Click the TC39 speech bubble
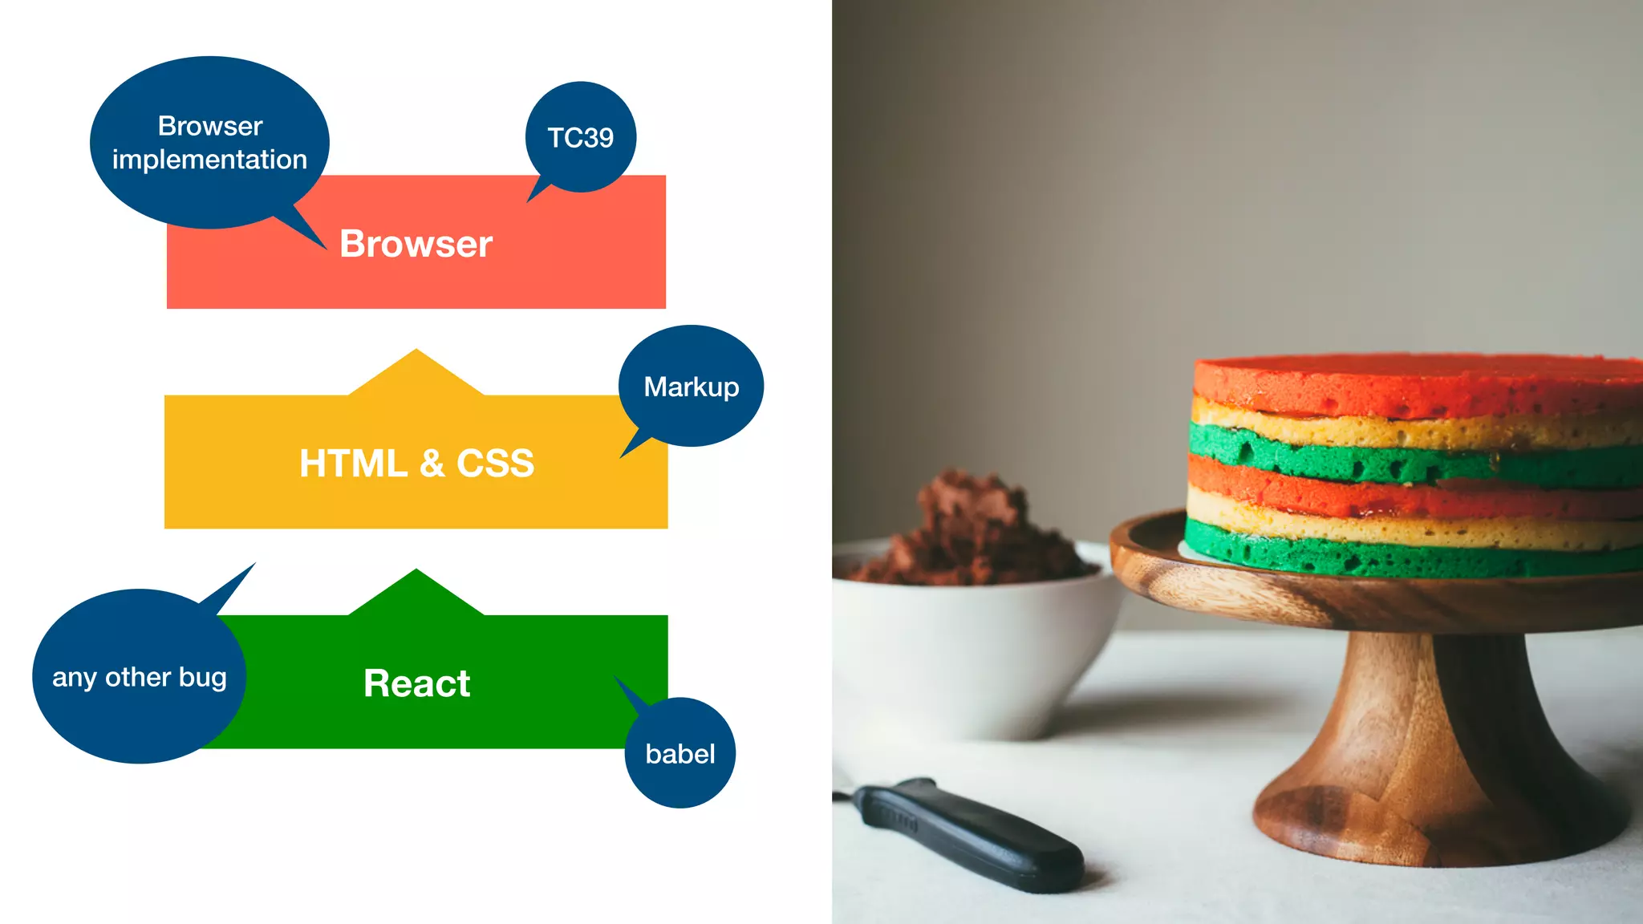pyautogui.click(x=581, y=137)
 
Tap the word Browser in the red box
pyautogui.click(x=416, y=244)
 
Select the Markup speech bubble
pyautogui.click(x=691, y=387)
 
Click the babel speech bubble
pyautogui.click(x=680, y=754)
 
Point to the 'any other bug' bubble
pyautogui.click(x=139, y=678)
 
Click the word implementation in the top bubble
pyautogui.click(x=209, y=160)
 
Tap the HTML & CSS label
pyautogui.click(x=416, y=464)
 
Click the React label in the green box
pyautogui.click(x=416, y=683)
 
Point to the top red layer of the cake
pyautogui.click(x=1412, y=385)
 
